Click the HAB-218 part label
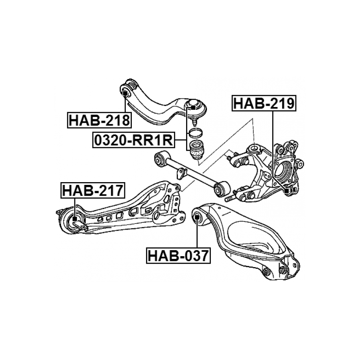click(99, 120)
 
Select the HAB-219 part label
click(264, 103)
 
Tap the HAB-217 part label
click(93, 190)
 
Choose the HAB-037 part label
click(178, 255)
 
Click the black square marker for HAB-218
click(125, 94)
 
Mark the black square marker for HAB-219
click(286, 190)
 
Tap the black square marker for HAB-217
click(75, 219)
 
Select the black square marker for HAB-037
click(197, 216)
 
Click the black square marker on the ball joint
click(193, 107)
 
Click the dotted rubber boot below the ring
click(197, 150)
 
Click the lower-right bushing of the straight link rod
click(222, 188)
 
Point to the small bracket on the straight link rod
click(181, 173)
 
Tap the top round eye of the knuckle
click(255, 149)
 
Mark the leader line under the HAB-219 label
click(273, 149)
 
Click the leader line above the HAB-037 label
click(197, 233)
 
